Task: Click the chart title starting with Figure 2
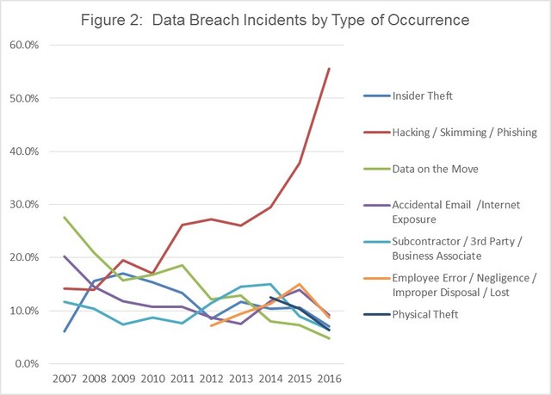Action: [x=275, y=20]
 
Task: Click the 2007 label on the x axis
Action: [x=65, y=379]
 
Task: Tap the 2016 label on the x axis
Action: [x=329, y=379]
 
